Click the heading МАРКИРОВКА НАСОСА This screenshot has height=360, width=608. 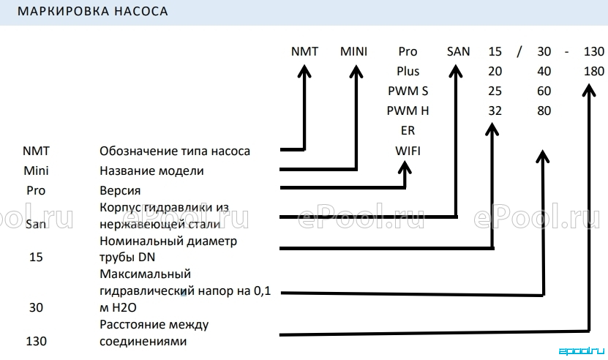(93, 11)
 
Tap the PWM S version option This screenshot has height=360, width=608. (408, 91)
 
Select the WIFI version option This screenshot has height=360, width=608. (408, 151)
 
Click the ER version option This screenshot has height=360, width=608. (408, 130)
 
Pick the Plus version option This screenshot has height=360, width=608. (408, 71)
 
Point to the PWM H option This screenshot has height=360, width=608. (408, 110)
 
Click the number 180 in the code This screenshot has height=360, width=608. (593, 71)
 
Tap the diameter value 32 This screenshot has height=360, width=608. (495, 110)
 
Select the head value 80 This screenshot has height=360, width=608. (544, 110)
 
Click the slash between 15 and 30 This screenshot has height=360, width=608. (519, 51)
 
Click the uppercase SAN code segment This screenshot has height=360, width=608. (458, 51)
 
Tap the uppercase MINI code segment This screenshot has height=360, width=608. (353, 51)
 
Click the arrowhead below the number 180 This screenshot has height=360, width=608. (589, 91)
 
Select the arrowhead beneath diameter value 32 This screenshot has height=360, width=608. (492, 130)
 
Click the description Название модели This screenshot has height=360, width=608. (151, 170)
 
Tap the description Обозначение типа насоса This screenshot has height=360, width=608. (175, 151)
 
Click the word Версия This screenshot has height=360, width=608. (120, 190)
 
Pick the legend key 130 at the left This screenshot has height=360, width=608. (36, 341)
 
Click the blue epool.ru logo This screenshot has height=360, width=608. (581, 351)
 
